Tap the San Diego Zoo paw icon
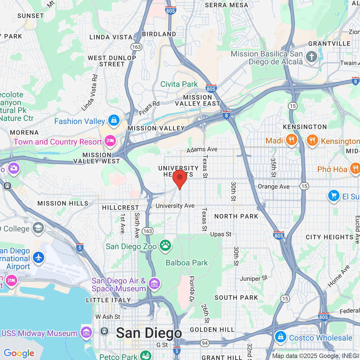tap(165, 246)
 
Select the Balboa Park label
tap(187, 263)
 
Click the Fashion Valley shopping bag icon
tap(114, 120)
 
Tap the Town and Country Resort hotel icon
tap(110, 140)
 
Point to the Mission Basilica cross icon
tap(311, 57)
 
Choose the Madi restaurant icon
tap(291, 139)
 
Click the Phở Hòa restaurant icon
tap(355, 168)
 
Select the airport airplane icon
tap(39, 258)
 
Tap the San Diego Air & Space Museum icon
tap(154, 284)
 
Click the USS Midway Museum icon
tap(86, 333)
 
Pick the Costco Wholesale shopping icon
tap(280, 337)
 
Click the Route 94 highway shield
tap(205, 343)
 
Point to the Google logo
tap(19, 353)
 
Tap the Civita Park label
tap(179, 84)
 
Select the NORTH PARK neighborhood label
tap(236, 216)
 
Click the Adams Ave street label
tap(202, 149)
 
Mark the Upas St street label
tap(221, 234)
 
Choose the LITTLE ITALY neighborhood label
tap(108, 300)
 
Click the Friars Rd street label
tap(149, 108)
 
